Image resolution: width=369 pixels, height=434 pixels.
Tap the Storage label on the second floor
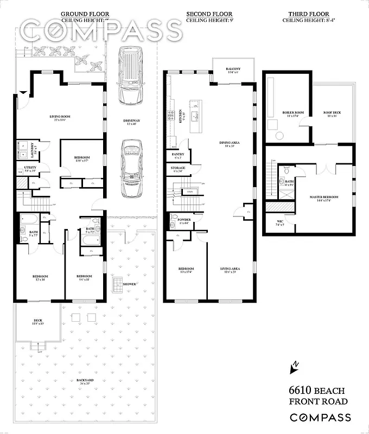pyautogui.click(x=178, y=169)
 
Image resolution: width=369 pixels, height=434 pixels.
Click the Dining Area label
pyautogui.click(x=227, y=144)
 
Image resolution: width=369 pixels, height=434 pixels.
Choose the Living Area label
pyautogui.click(x=230, y=270)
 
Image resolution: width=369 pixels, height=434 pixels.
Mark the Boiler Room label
pyautogui.click(x=288, y=113)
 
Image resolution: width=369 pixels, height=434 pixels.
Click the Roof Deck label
pyautogui.click(x=331, y=113)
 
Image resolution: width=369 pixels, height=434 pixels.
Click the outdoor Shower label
pyautogui.click(x=129, y=284)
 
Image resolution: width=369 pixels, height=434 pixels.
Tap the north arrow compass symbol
pyautogui.click(x=295, y=368)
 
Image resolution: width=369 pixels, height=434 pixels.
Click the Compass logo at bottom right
pyautogui.click(x=320, y=418)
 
